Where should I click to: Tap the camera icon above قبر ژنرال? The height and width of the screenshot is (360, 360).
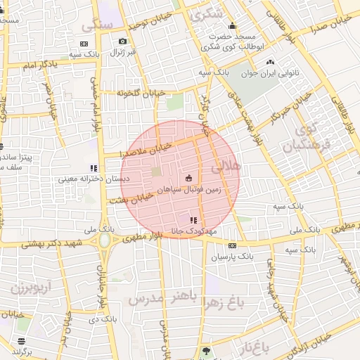123,41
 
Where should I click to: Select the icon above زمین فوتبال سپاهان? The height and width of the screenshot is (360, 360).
188,178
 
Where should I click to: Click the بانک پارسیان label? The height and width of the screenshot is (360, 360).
232,257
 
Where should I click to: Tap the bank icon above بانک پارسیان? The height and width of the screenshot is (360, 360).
232,245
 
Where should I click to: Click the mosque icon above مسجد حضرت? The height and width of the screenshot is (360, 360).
232,26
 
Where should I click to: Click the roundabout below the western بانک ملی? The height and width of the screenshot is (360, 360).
105,241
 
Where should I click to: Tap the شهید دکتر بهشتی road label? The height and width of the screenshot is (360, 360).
52,243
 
